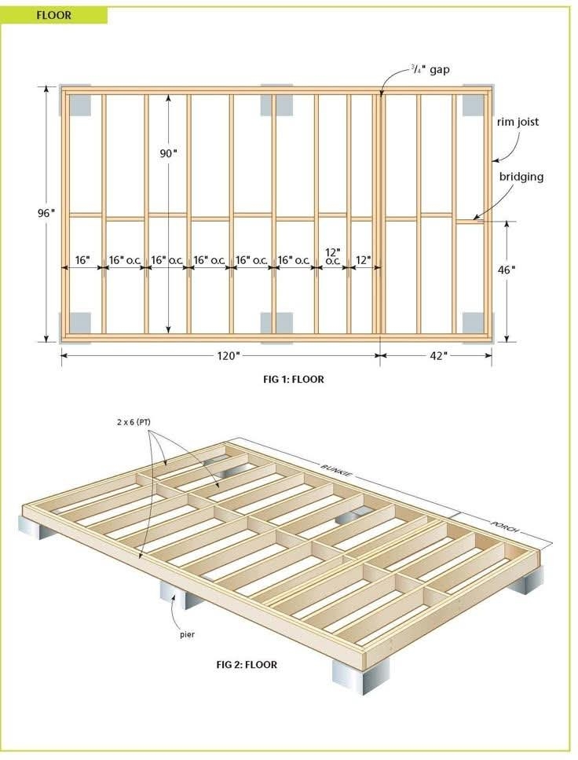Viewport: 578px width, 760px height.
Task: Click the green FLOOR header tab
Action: [x=53, y=15]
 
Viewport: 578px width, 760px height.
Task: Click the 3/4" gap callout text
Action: [x=430, y=69]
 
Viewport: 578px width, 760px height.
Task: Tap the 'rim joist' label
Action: [x=518, y=122]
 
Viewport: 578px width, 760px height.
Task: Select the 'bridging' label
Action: [x=521, y=176]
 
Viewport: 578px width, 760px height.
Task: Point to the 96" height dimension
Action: [x=46, y=213]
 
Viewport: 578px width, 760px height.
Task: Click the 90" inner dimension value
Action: [x=169, y=153]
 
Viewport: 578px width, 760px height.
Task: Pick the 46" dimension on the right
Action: [x=507, y=270]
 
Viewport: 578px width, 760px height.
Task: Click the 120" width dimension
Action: [x=229, y=356]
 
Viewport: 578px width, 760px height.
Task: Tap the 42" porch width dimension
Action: [x=438, y=356]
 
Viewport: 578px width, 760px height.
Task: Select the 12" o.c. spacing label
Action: [x=332, y=256]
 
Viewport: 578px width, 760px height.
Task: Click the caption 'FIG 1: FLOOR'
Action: [x=294, y=379]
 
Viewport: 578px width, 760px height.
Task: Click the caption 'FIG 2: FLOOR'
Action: [x=247, y=664]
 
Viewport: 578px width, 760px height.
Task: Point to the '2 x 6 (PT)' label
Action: [x=134, y=422]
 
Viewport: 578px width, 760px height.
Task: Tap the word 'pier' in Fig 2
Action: [x=187, y=634]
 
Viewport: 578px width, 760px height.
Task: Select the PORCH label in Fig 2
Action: [x=505, y=527]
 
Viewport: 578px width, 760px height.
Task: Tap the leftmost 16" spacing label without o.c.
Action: [x=82, y=260]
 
